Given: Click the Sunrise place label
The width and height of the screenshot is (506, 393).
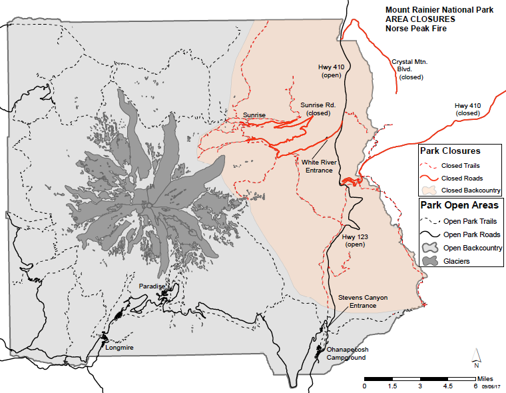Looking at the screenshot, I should click(254, 115).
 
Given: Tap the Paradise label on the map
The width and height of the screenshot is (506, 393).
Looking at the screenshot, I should click(152, 286).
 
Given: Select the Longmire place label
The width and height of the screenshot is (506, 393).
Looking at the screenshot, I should click(119, 347).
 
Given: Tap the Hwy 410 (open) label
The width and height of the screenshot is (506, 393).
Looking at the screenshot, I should click(330, 71).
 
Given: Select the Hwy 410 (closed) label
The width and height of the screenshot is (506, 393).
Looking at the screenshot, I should click(469, 109).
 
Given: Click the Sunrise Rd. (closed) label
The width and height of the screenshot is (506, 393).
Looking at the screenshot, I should click(315, 109).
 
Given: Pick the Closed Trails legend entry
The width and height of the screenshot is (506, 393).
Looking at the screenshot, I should click(460, 165).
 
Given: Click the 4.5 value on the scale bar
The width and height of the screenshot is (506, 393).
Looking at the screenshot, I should click(447, 386).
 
